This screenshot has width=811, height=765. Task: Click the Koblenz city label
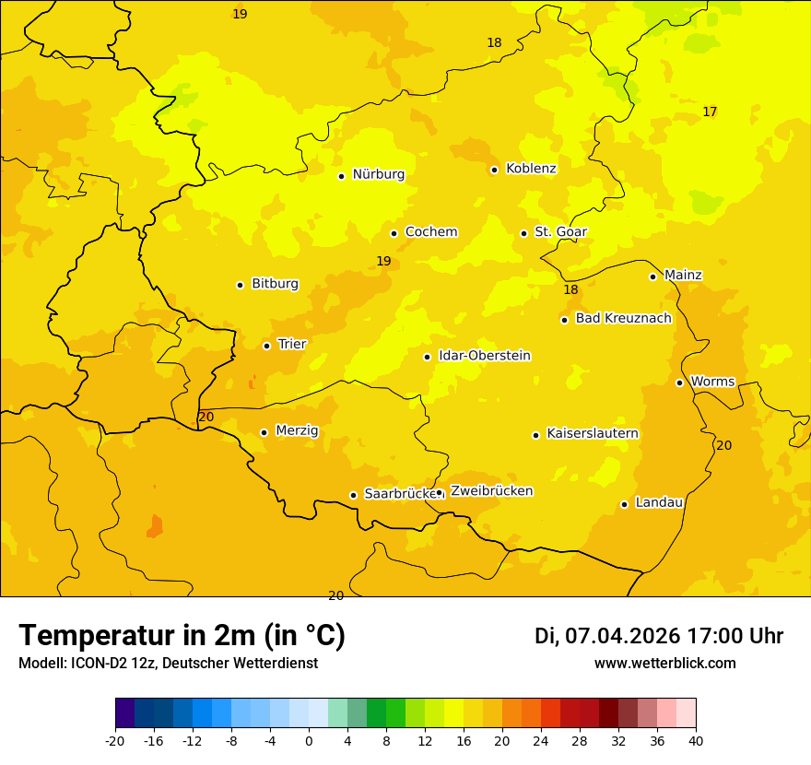[531, 169]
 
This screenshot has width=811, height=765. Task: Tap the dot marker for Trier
[267, 346]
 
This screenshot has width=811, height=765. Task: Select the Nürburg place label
[378, 174]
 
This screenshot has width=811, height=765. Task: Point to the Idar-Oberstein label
[485, 356]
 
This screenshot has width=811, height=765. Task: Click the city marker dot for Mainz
[652, 277]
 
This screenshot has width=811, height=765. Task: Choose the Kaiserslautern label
[593, 433]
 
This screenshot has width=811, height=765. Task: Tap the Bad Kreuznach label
[623, 318]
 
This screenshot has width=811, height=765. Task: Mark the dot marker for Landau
[625, 504]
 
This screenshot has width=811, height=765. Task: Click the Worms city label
[712, 382]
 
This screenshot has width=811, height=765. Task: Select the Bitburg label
[275, 284]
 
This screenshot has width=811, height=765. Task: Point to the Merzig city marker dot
[264, 432]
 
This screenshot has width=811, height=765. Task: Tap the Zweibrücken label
[491, 491]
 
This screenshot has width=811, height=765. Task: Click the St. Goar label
[560, 231]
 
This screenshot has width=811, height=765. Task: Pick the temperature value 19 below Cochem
[383, 262]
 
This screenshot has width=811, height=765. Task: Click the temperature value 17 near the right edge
[710, 112]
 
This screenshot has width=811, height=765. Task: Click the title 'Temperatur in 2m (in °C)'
[182, 636]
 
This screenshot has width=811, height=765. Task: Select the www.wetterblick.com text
[664, 664]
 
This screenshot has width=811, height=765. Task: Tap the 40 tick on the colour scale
[696, 741]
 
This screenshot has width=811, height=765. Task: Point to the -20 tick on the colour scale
[115, 741]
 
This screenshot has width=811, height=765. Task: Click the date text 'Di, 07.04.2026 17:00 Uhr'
[659, 636]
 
